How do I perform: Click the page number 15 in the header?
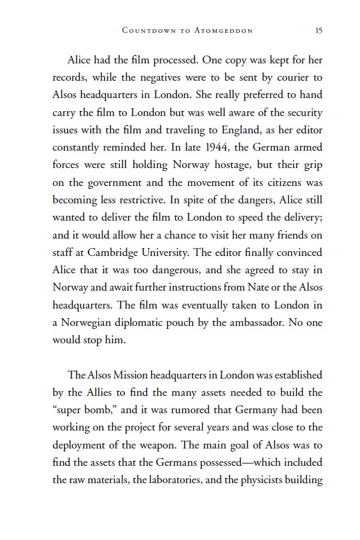pos(319,30)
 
